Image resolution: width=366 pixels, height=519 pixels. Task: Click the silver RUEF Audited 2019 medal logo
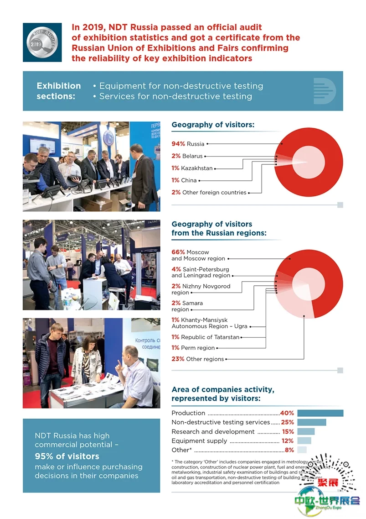point(42,42)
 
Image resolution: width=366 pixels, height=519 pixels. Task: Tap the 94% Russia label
point(188,144)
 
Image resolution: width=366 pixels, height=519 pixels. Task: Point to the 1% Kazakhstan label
point(192,168)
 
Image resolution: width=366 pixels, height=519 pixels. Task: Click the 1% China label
point(184,180)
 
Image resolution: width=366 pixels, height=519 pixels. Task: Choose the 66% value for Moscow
point(178,252)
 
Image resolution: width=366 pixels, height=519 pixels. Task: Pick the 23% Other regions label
point(198,359)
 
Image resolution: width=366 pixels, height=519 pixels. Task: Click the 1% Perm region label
point(193,348)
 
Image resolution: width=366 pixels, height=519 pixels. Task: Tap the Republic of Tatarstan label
point(210,337)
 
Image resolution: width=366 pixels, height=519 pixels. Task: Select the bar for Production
point(320,413)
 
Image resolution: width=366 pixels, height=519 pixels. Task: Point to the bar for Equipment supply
point(304,441)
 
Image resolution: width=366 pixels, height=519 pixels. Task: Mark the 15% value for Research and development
point(288,431)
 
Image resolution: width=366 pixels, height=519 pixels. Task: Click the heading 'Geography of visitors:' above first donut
point(213,125)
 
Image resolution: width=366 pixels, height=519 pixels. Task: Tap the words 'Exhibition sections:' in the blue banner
point(58,91)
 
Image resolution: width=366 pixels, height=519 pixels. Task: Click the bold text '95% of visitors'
point(67,456)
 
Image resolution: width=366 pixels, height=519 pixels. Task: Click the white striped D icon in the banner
point(324,91)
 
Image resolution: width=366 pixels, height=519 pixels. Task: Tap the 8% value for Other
point(289,450)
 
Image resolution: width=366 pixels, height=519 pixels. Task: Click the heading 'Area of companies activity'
point(223,389)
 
